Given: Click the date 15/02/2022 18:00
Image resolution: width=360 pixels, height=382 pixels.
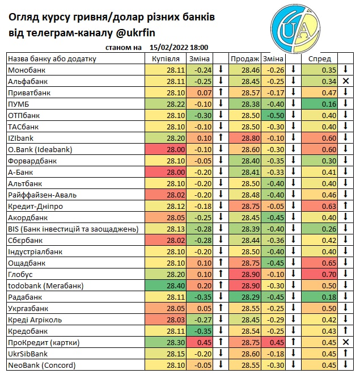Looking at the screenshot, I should pyautogui.click(x=179, y=48).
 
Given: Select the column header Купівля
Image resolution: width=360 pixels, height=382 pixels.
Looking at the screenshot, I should pyautogui.click(x=166, y=58).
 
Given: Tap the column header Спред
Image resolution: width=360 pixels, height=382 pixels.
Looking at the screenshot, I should pyautogui.click(x=319, y=58).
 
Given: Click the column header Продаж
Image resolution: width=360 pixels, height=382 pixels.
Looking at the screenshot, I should pyautogui.click(x=244, y=58).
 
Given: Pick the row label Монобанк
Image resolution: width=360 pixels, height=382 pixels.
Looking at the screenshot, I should pyautogui.click(x=26, y=70).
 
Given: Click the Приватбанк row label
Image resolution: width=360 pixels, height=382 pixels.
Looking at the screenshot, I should pyautogui.click(x=29, y=93).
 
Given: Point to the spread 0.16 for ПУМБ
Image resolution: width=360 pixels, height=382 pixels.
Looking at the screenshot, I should pyautogui.click(x=328, y=104).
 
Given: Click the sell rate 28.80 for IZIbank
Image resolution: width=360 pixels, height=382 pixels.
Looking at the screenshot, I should pyautogui.click(x=250, y=138).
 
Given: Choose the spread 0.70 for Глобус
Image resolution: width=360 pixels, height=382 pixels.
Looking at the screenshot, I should pyautogui.click(x=328, y=274).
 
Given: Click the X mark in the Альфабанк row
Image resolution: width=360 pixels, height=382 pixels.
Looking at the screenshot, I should pyautogui.click(x=345, y=81).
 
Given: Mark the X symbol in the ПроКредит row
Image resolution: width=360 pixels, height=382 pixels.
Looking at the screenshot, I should pyautogui.click(x=345, y=342).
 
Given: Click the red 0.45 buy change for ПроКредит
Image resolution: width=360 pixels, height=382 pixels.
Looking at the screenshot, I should pyautogui.click(x=204, y=342).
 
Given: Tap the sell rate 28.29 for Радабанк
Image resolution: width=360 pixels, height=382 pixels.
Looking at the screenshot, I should pyautogui.click(x=250, y=297).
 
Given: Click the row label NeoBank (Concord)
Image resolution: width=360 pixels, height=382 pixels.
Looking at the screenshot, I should pyautogui.click(x=41, y=365).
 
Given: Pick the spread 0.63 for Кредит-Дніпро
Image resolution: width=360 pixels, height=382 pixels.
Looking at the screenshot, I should pyautogui.click(x=328, y=206).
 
